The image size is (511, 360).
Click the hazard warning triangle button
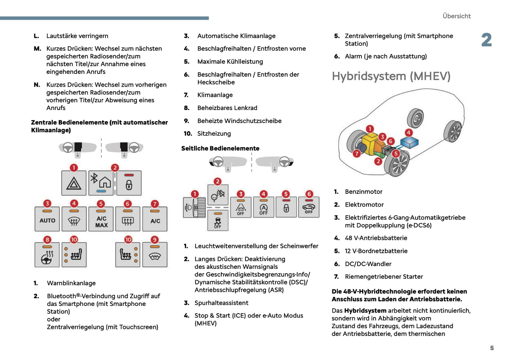(x=74, y=183)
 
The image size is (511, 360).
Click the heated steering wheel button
(x=47, y=255)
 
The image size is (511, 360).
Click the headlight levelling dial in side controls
(x=194, y=207)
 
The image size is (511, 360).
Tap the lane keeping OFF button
(x=240, y=208)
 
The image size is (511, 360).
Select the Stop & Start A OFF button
(x=263, y=208)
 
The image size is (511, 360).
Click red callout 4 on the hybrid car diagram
(x=408, y=133)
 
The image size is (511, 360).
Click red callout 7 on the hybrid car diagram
(x=357, y=153)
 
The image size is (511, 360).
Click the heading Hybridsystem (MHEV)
(x=391, y=76)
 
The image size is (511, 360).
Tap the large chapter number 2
(x=486, y=40)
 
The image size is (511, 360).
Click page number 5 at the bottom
(x=492, y=348)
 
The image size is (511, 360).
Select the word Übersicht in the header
(x=457, y=16)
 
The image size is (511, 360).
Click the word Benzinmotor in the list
(x=364, y=192)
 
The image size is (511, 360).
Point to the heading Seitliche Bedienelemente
(x=220, y=149)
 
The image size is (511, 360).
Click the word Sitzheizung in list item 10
(x=214, y=134)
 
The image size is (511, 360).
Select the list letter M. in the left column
(x=37, y=49)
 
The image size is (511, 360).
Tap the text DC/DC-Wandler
(x=368, y=264)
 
